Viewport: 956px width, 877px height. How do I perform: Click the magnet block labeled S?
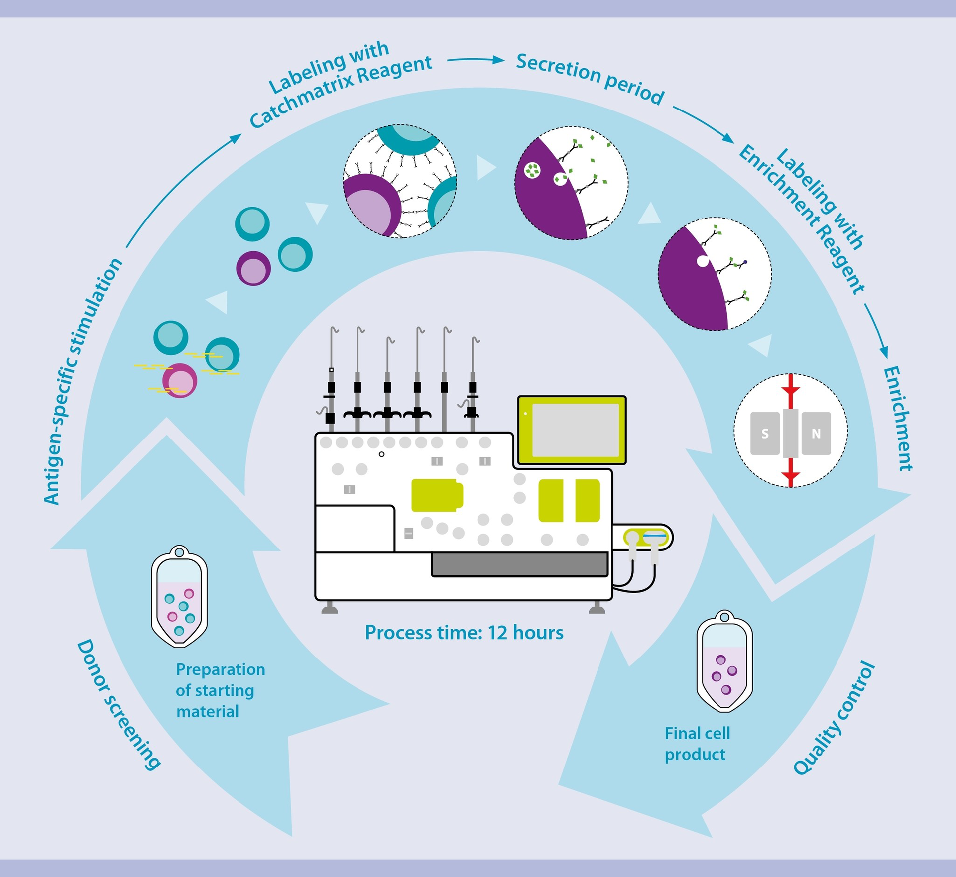[765, 434]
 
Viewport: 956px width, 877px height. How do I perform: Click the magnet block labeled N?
[816, 434]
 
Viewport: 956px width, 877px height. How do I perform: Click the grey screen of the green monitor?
[575, 430]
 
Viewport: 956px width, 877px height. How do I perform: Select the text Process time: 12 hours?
[464, 633]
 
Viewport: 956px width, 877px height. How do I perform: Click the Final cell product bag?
[724, 662]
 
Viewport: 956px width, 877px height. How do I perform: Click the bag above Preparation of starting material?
[179, 597]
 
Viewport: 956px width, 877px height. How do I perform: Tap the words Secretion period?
[590, 79]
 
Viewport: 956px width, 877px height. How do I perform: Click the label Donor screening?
[119, 705]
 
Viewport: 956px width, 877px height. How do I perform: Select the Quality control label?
[834, 719]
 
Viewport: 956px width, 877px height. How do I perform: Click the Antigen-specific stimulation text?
[82, 381]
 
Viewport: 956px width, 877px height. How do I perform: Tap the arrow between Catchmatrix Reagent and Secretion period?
[476, 60]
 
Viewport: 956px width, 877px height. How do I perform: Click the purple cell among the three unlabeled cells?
[253, 268]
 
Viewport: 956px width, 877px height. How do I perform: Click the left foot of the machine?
[329, 608]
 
